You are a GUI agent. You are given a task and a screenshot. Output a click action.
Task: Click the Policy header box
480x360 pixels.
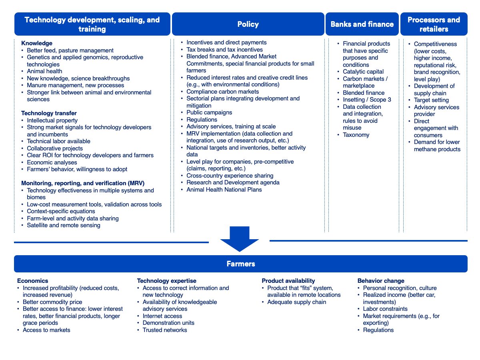tap(248, 24)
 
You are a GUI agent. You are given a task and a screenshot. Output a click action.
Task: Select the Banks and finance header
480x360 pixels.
tap(362, 24)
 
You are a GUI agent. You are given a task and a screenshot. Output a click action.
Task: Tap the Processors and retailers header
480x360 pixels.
tap(434, 24)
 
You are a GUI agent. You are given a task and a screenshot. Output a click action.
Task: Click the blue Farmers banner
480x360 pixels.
tap(240, 264)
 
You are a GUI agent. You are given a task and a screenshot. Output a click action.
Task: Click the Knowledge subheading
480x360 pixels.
tap(37, 43)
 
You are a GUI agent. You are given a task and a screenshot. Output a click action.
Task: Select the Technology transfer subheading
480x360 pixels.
tap(49, 113)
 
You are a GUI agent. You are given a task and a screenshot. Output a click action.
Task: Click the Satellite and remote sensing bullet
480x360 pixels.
tap(63, 225)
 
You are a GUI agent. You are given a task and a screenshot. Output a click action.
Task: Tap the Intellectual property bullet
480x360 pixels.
tap(52, 120)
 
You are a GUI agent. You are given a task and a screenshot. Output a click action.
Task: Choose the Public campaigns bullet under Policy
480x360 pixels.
tap(209, 112)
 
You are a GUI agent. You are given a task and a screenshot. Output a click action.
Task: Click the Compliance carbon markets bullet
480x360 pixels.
tap(222, 92)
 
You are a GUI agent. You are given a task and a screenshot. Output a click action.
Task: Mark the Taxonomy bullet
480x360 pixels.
tap(356, 135)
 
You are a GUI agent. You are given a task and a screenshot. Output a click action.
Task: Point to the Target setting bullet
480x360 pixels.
tap(431, 100)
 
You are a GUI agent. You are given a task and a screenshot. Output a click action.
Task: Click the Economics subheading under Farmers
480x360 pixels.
tap(32, 281)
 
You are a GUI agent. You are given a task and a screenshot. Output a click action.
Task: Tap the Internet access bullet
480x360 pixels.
tap(162, 316)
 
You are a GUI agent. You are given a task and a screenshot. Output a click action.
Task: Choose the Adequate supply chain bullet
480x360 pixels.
tap(296, 302)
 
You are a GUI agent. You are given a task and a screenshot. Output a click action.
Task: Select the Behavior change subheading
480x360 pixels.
tap(381, 281)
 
